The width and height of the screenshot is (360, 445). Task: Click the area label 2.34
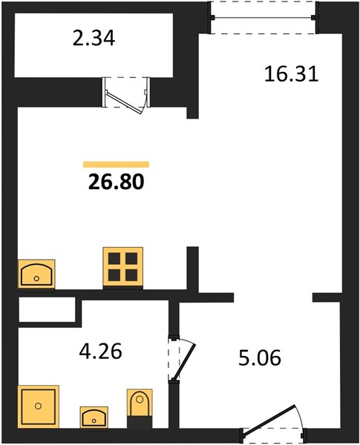(x=94, y=39)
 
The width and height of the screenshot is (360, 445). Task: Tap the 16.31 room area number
(x=291, y=74)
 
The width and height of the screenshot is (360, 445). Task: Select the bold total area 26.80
(x=117, y=182)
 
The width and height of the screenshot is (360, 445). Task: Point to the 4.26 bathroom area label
(x=101, y=351)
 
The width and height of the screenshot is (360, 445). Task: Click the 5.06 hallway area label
(x=260, y=357)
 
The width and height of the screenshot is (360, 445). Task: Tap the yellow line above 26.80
(x=117, y=165)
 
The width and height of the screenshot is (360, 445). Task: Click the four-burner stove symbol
(x=123, y=267)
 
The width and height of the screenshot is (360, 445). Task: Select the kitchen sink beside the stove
(x=36, y=274)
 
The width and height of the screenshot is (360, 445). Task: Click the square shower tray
(x=39, y=406)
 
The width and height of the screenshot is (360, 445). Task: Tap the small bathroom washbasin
(x=94, y=417)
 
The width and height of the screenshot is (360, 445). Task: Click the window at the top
(x=264, y=18)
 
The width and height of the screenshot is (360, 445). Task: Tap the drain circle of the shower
(x=39, y=406)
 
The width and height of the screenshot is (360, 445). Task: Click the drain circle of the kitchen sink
(x=36, y=278)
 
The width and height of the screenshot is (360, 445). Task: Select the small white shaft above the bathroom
(x=47, y=309)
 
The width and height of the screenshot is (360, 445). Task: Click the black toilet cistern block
(x=140, y=421)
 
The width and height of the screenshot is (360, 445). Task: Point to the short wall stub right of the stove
(x=192, y=269)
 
